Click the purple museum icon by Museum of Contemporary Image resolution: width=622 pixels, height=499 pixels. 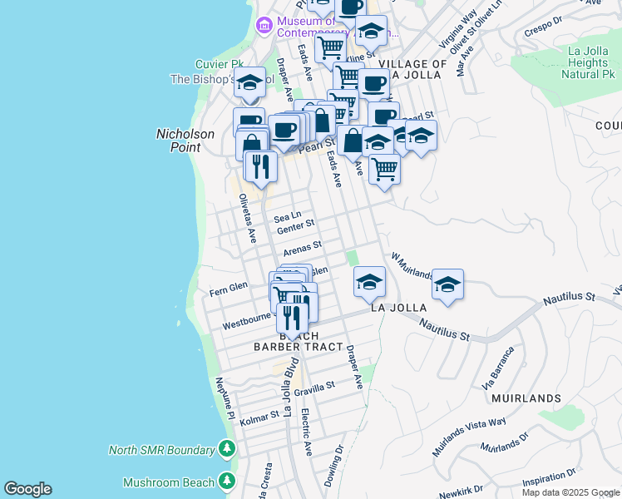[x=264, y=25]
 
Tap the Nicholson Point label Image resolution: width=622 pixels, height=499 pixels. [x=185, y=141]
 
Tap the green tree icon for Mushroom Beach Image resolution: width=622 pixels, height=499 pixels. [x=227, y=482]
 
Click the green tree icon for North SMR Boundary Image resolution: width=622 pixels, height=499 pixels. [x=227, y=450]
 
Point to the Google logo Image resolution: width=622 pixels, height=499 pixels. [x=27, y=489]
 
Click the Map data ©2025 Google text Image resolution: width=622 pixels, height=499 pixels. [x=570, y=492]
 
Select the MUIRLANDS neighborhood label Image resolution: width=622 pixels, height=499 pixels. [x=526, y=398]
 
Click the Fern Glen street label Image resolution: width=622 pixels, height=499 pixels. [x=229, y=288]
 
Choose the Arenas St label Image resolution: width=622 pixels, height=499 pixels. [x=302, y=248]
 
